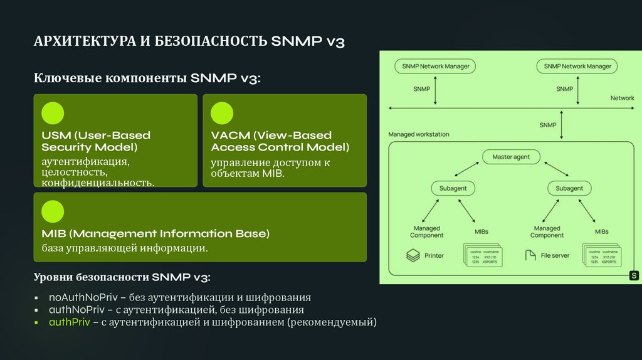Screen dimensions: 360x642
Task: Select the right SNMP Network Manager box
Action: pos(577,66)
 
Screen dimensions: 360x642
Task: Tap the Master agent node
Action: pos(511,157)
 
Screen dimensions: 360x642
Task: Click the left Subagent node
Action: pos(453,188)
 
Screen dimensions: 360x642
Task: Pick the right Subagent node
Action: pos(569,188)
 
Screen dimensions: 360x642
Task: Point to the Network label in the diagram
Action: pos(622,98)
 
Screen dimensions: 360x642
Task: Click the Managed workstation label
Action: pos(419,134)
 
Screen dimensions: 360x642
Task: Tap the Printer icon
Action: pos(412,256)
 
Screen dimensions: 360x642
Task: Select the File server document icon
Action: pos(530,256)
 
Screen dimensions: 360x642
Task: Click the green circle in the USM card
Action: pos(53,114)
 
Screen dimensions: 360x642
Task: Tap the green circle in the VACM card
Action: pos(222,114)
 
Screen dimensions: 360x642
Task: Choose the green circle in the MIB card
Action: pos(53,211)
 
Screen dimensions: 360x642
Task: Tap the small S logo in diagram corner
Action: pos(633,275)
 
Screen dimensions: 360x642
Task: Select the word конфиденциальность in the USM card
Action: pos(98,183)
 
